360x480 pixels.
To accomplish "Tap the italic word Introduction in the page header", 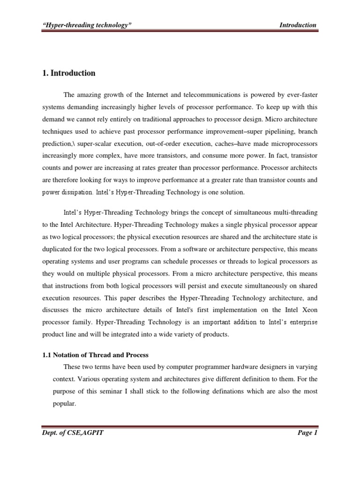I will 297,25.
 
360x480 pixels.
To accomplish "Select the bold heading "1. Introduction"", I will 69,73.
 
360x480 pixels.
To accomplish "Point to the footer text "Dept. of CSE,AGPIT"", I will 73,433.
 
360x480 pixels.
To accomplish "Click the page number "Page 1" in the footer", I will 307,433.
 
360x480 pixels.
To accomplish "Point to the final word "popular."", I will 63,404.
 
